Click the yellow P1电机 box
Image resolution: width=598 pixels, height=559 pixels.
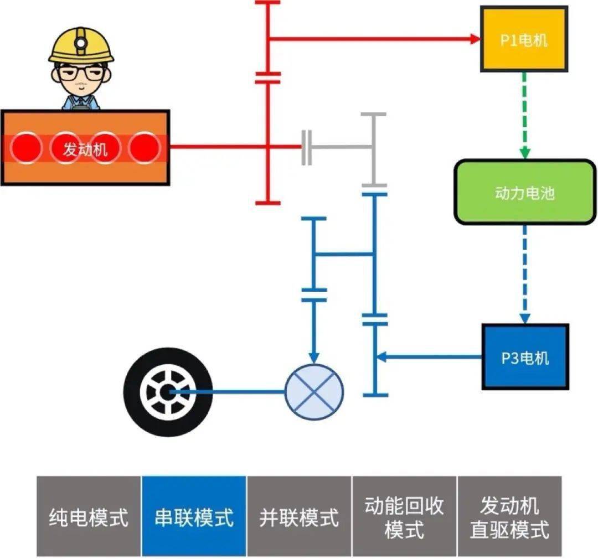click(523, 39)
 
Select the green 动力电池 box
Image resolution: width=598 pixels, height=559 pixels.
click(524, 192)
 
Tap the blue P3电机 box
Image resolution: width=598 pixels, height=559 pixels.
click(524, 357)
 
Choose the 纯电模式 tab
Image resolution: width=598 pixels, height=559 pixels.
click(89, 516)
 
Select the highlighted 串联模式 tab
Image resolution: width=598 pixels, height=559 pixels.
click(194, 516)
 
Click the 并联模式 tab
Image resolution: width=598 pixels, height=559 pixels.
click(299, 516)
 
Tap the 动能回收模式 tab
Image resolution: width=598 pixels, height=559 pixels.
click(404, 516)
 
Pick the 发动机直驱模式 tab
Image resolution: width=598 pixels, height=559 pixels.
click(509, 516)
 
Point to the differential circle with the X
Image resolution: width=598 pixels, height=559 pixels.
click(314, 391)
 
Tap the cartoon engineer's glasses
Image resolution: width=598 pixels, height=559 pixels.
click(81, 73)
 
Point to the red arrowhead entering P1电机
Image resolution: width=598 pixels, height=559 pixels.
click(475, 39)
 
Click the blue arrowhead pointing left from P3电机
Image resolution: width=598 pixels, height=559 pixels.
click(382, 357)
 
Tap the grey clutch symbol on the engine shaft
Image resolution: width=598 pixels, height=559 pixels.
click(307, 147)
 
